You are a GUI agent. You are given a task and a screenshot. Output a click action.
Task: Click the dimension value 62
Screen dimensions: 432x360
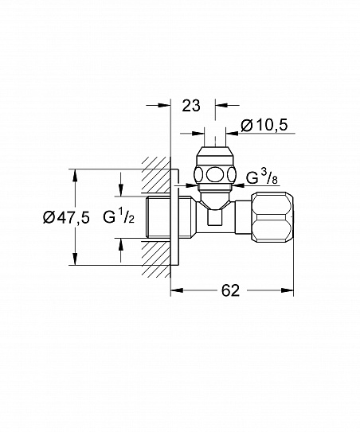click(230, 291)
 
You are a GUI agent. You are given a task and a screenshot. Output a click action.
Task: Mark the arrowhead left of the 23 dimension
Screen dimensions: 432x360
click(166, 103)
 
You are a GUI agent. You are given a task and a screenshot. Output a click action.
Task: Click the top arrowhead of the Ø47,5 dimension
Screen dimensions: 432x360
click(74, 173)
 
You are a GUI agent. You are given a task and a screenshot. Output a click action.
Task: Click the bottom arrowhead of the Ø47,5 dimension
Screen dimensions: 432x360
click(74, 260)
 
